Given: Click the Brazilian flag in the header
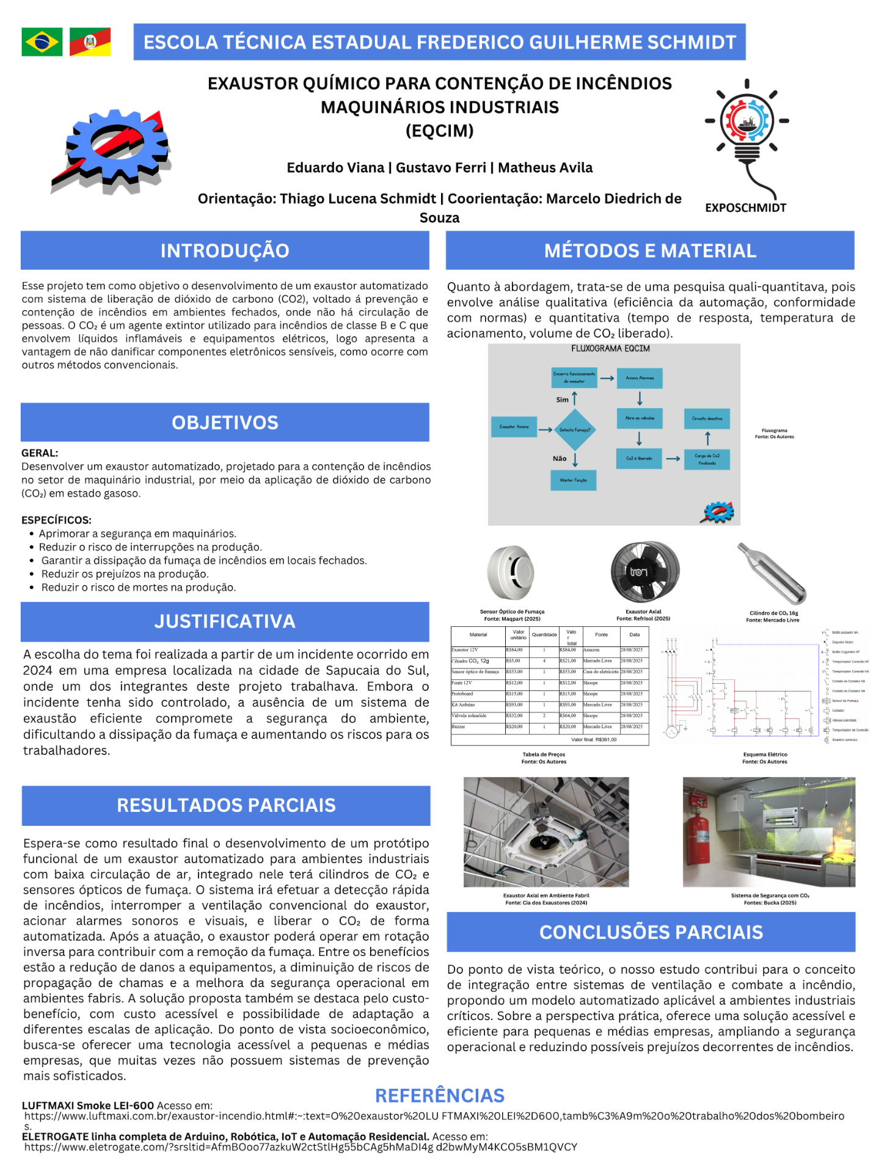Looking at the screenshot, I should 42,42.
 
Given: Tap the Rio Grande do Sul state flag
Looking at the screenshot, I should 90,42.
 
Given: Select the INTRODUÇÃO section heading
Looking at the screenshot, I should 225,251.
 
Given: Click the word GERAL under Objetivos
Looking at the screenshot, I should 40,453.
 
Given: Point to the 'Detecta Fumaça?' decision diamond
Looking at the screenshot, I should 574,430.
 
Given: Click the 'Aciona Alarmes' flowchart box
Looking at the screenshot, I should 640,378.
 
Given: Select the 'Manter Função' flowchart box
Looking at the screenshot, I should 573,480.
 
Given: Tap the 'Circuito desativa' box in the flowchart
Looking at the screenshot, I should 707,419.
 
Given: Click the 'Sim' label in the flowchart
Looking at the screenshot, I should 562,400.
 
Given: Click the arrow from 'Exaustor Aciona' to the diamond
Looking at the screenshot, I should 545,430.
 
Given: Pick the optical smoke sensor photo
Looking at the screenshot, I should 511,572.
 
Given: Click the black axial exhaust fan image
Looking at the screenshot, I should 644,572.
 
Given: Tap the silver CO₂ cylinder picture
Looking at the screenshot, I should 772,573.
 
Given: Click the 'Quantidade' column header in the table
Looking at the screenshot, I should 544,635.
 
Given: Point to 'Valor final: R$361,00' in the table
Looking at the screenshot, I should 593,740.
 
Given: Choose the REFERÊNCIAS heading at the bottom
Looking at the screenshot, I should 439,1096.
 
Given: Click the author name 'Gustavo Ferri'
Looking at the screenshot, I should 441,168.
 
